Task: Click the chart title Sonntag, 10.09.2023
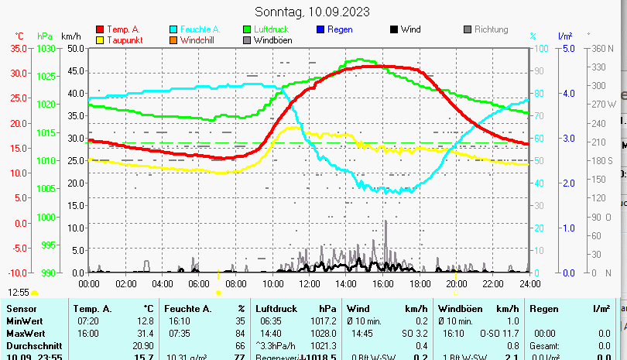point(312,12)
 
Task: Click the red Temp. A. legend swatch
point(100,30)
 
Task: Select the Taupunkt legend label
point(123,40)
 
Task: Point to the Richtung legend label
point(491,30)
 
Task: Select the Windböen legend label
point(273,40)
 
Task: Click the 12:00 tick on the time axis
point(309,284)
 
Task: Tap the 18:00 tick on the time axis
point(420,284)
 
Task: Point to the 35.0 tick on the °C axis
point(19,48)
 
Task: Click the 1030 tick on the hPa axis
point(46,48)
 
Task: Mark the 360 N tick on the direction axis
point(603,48)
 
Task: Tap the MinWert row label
point(25,321)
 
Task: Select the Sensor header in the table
point(21,309)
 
